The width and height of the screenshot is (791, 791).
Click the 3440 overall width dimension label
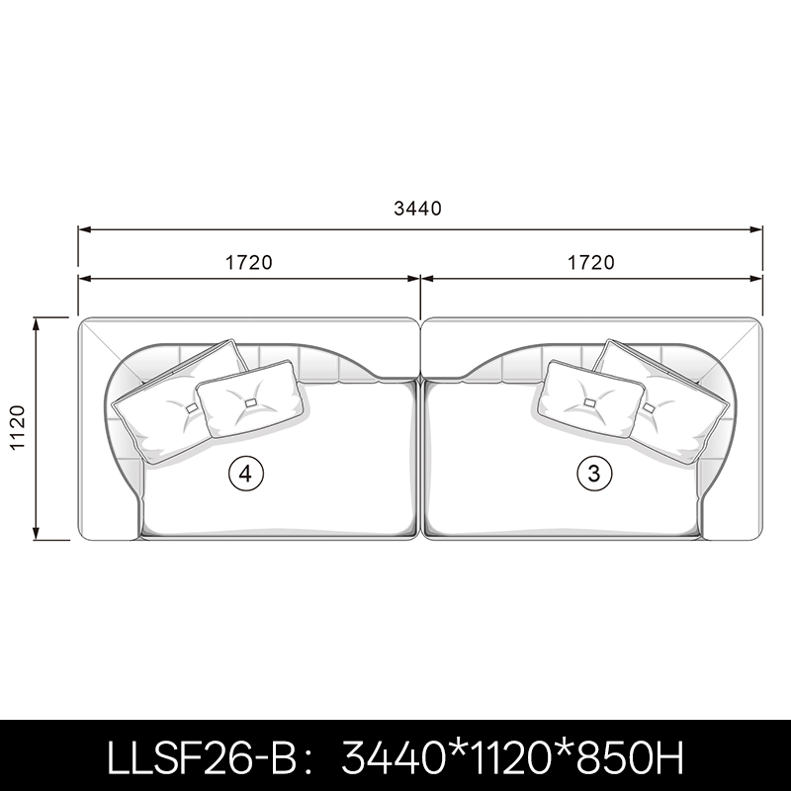tap(417, 208)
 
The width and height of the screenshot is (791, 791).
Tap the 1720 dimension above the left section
tap(249, 262)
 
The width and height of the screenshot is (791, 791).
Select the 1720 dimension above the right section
tap(591, 262)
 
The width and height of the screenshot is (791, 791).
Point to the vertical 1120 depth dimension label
tap(18, 427)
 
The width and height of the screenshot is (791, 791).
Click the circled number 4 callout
tap(246, 474)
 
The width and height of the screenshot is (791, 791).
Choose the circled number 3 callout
tap(594, 474)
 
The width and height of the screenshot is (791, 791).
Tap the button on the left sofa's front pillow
tap(251, 402)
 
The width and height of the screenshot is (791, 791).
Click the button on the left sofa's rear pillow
tap(192, 408)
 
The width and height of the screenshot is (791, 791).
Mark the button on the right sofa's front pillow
tap(589, 402)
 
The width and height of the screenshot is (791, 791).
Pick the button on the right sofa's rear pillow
tap(649, 407)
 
